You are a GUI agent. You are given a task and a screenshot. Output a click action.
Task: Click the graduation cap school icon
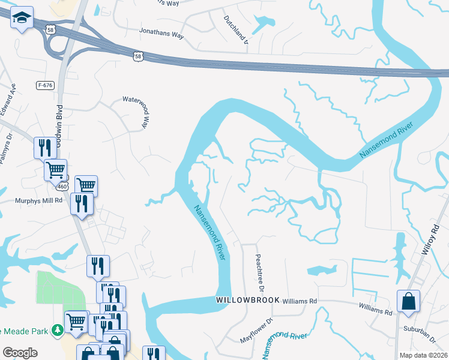point(22,19)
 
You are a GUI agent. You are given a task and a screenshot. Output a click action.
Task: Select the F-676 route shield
point(45,85)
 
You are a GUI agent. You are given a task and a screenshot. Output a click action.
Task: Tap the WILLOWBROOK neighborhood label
point(241,299)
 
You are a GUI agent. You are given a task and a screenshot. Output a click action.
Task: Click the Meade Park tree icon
point(58,330)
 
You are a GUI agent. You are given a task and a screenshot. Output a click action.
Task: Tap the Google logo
point(20,352)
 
